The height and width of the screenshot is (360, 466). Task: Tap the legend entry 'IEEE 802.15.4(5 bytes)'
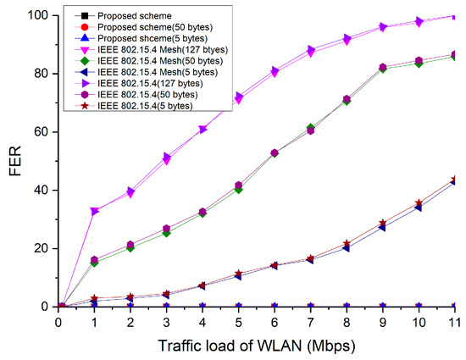(x=144, y=105)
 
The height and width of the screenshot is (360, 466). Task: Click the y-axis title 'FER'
(x=14, y=161)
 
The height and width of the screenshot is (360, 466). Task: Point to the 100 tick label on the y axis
(x=36, y=15)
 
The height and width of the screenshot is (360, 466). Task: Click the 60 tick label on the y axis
(x=40, y=132)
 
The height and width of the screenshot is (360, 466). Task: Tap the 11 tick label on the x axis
(x=453, y=323)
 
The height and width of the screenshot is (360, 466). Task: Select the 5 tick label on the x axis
(x=239, y=323)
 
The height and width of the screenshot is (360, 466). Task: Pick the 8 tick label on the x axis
(x=347, y=323)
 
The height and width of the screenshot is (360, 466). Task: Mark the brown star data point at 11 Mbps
(x=455, y=180)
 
